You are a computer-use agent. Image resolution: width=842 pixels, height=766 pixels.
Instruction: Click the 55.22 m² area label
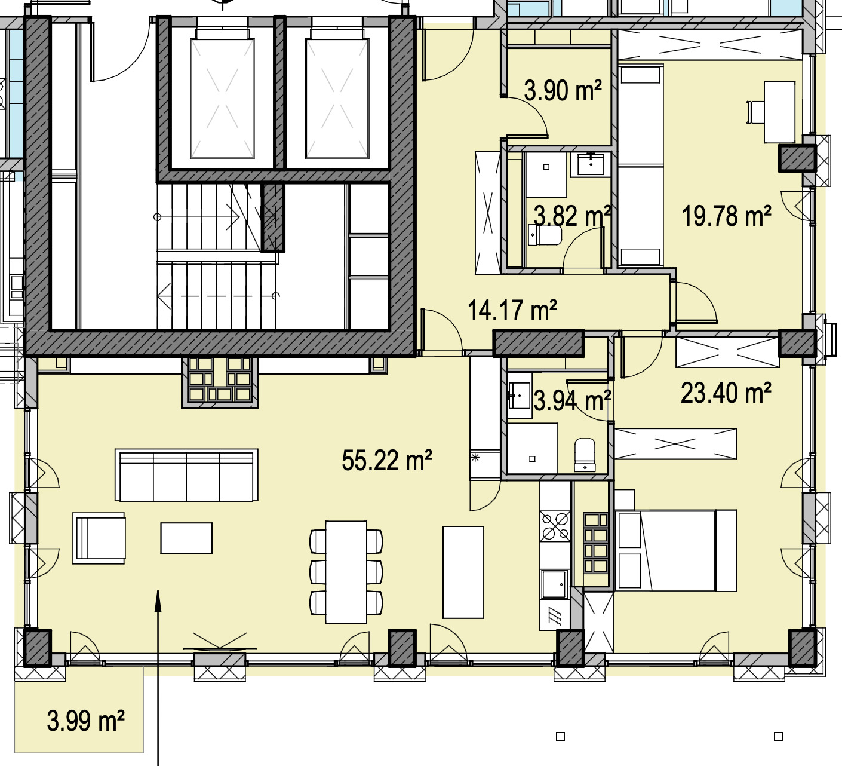[386, 460]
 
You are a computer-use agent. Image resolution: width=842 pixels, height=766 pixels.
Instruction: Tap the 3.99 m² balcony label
[85, 721]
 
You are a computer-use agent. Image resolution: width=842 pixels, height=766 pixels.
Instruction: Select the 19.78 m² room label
[726, 216]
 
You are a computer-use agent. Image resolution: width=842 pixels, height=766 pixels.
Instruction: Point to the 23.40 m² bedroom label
[726, 393]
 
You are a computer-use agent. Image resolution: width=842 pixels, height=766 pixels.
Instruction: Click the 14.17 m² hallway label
[512, 310]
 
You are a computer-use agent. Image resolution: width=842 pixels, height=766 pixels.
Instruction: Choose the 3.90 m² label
[563, 90]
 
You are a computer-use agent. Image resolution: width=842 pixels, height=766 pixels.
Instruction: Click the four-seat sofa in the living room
[186, 475]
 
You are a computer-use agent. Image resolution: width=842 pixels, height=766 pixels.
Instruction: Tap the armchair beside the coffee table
[99, 538]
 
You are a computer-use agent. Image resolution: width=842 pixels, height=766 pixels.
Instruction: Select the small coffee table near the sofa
[186, 538]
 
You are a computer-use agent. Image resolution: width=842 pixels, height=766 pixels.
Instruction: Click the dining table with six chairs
[346, 571]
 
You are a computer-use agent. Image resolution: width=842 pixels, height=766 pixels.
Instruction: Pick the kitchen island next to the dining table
[463, 572]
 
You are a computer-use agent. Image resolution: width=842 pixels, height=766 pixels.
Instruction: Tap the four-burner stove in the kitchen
[555, 526]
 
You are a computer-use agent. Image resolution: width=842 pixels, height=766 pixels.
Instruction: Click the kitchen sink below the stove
[555, 584]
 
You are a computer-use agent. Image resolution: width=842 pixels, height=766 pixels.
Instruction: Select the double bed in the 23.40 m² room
[675, 551]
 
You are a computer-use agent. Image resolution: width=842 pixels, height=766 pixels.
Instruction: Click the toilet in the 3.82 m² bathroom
[545, 235]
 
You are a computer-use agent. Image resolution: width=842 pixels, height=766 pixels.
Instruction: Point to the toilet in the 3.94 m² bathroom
[585, 455]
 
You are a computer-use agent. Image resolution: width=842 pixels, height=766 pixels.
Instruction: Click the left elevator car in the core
[222, 98]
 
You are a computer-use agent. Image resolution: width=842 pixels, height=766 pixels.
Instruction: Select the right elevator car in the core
[337, 98]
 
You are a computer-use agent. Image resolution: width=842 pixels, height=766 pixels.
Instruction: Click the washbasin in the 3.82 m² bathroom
[591, 164]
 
